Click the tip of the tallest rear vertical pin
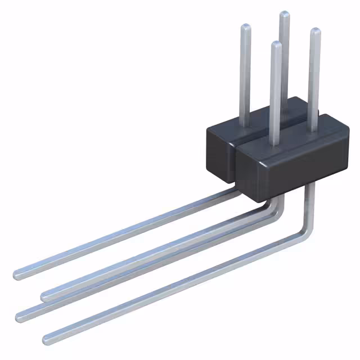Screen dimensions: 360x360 [285, 14]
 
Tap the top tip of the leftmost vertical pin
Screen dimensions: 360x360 [245, 27]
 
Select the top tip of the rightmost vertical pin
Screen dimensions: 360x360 [315, 31]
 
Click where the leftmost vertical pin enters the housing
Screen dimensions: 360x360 [246, 124]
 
